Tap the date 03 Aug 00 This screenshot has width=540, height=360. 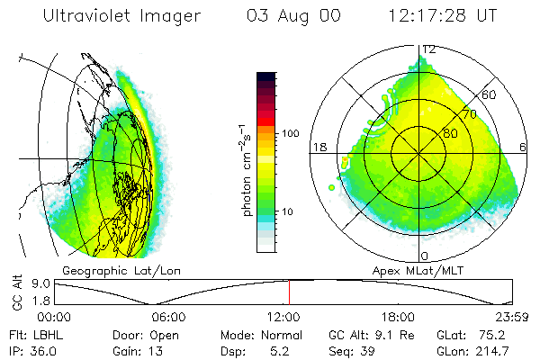coord(294,16)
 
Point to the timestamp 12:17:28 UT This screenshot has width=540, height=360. coord(444,16)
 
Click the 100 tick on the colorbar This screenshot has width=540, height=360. coord(290,133)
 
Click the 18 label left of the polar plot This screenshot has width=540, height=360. coord(319,147)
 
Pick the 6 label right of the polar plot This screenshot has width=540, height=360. coord(525,147)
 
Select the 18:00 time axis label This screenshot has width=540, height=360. coord(398,317)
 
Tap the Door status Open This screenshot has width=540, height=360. coord(170,333)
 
